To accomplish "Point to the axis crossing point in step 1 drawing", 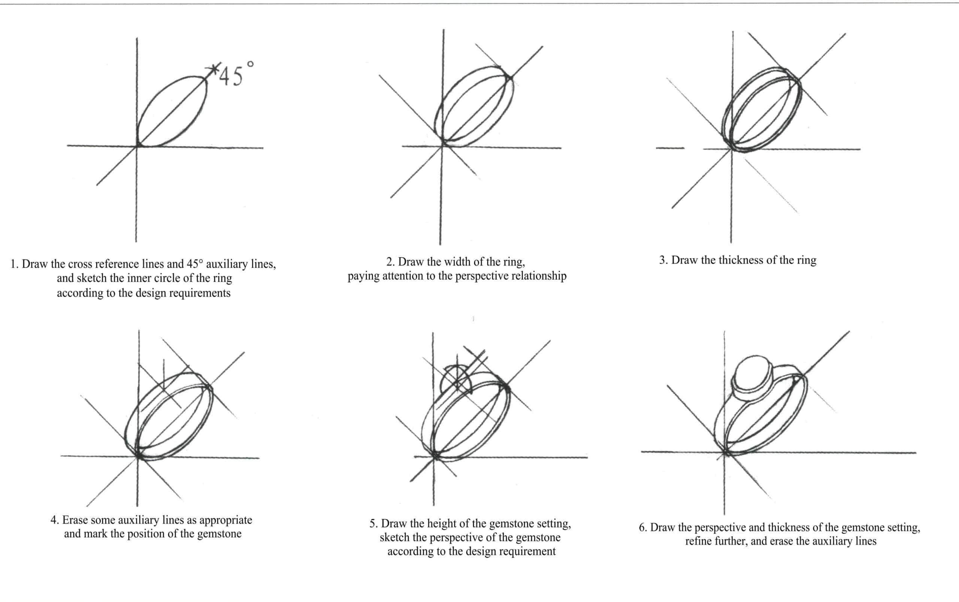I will pos(137,146).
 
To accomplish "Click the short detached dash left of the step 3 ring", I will pos(670,148).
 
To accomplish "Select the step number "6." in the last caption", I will pos(643,527).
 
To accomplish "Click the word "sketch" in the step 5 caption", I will pos(392,538).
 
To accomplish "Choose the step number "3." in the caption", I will pos(663,260).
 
